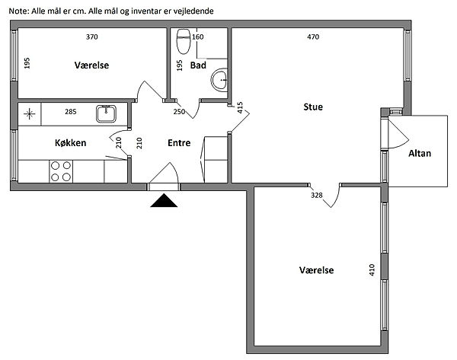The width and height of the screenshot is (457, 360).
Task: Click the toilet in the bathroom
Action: click(x=184, y=41)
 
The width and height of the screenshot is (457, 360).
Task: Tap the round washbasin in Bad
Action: click(x=219, y=79)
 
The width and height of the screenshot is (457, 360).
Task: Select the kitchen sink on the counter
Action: click(x=106, y=113)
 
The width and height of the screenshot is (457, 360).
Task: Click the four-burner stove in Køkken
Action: click(x=61, y=171)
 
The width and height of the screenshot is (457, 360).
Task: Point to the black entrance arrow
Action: click(x=164, y=200)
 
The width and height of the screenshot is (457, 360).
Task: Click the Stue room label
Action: click(x=313, y=107)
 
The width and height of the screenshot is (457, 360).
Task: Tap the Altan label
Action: click(x=420, y=154)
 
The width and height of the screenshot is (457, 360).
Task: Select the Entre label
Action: click(x=179, y=143)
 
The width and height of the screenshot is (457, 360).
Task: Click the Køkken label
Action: click(x=71, y=143)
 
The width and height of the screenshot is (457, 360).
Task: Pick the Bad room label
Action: click(x=198, y=65)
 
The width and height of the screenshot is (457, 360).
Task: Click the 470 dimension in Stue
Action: click(x=313, y=37)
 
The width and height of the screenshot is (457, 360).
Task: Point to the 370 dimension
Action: click(x=92, y=37)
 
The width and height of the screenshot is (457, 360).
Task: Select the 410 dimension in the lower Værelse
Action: click(x=372, y=270)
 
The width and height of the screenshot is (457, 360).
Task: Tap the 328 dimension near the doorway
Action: click(x=317, y=195)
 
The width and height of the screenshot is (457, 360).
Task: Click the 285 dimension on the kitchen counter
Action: click(x=71, y=112)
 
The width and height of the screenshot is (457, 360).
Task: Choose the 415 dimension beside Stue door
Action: click(x=240, y=107)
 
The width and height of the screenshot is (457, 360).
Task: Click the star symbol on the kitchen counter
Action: click(x=29, y=114)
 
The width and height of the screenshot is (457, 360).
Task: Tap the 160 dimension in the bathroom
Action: click(x=197, y=37)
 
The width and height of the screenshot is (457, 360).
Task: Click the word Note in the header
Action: click(x=19, y=11)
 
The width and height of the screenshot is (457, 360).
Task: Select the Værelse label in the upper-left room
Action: click(x=91, y=65)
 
